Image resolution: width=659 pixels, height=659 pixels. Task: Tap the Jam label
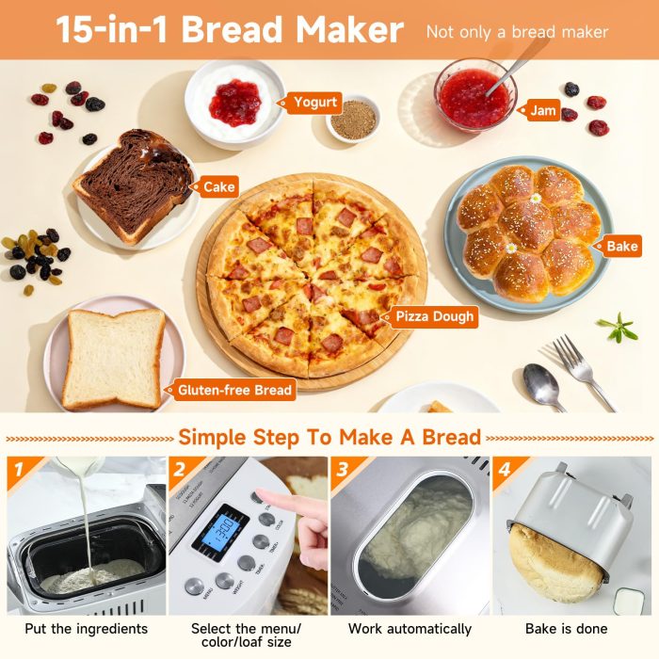[542, 110]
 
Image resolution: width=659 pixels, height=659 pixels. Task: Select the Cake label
[218, 186]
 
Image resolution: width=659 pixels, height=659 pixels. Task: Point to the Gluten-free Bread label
[234, 389]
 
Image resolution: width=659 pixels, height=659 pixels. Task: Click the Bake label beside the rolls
[621, 247]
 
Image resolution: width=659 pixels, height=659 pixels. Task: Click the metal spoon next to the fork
[543, 385]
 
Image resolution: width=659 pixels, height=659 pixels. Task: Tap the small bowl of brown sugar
[354, 121]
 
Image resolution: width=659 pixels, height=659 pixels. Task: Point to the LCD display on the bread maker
[220, 532]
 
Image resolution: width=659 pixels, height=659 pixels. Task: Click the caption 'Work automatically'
[410, 628]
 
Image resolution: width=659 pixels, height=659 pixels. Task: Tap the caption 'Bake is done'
[567, 628]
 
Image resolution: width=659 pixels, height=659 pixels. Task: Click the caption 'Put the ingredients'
[87, 628]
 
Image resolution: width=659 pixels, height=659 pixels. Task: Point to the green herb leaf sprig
[618, 329]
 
